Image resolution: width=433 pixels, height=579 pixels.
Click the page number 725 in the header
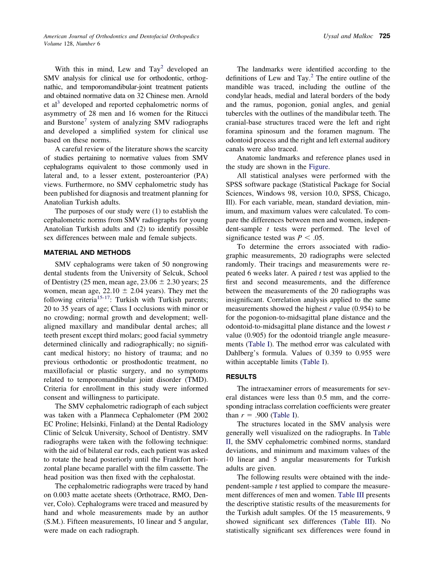click(x=384, y=36)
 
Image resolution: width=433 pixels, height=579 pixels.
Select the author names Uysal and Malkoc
click(x=349, y=36)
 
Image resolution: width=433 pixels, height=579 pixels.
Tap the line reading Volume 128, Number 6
click(x=72, y=44)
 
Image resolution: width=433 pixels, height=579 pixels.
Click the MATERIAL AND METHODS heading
click(x=87, y=253)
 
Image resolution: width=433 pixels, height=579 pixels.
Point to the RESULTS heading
click(x=241, y=376)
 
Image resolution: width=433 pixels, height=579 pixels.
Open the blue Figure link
click(x=319, y=167)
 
